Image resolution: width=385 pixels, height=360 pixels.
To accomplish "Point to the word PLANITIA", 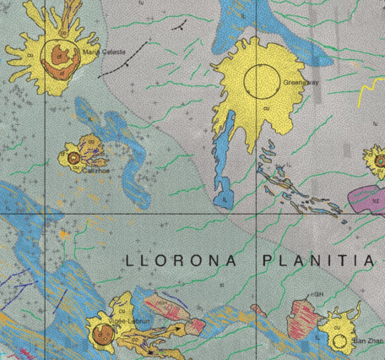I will [317, 260].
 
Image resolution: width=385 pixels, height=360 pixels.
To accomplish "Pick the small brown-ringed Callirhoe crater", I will [73, 157].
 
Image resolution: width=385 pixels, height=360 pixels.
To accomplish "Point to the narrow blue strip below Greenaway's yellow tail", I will [221, 169].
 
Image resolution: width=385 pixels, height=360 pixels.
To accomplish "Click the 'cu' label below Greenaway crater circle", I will [267, 107].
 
